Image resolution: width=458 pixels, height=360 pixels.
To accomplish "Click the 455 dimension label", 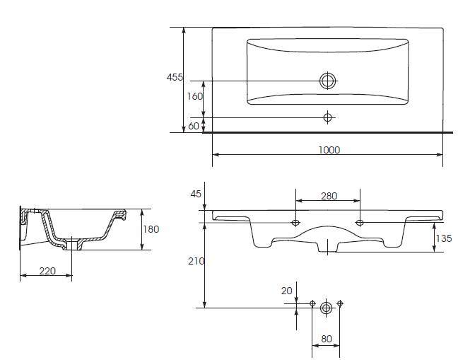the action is click(175, 77).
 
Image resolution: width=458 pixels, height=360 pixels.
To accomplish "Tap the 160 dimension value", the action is click(194, 96).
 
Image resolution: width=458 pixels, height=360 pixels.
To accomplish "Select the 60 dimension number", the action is click(194, 126).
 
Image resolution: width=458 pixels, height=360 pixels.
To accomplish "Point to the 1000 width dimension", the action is click(329, 150).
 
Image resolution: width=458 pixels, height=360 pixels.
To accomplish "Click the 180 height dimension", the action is click(151, 229).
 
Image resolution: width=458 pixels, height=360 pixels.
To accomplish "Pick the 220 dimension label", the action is click(47, 271).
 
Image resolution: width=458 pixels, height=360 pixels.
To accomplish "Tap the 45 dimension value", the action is click(196, 194).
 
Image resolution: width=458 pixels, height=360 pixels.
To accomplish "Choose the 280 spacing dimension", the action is click(329, 196).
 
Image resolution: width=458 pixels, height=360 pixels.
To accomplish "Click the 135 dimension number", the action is click(444, 239).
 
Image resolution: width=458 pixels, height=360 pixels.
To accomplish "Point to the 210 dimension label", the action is click(196, 261).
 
